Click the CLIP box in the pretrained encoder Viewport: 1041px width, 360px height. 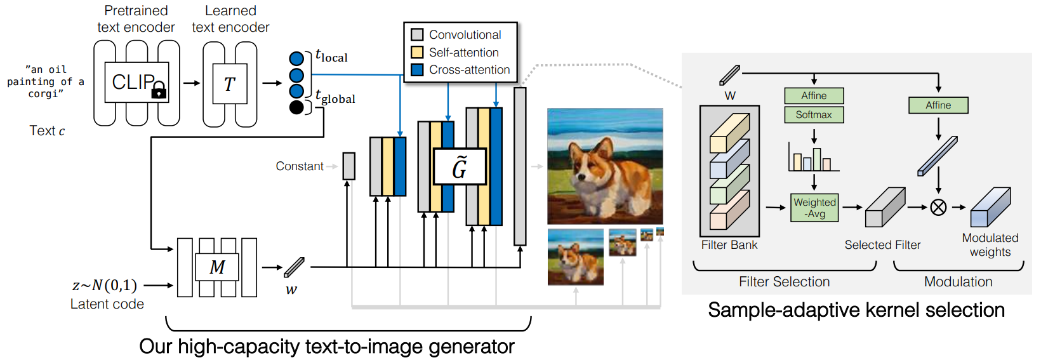pos(136,83)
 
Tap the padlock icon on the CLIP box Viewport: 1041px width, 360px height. pos(159,90)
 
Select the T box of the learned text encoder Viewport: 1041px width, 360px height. pos(230,84)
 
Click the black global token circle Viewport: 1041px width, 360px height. pos(296,107)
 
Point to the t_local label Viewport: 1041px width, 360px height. pos(331,56)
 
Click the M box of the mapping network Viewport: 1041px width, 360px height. pos(217,267)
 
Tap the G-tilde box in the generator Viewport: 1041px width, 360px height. pos(460,166)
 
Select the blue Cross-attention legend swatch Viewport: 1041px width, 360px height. pos(417,70)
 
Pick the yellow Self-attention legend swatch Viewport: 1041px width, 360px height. pos(417,52)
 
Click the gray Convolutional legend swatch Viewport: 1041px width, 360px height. pos(417,34)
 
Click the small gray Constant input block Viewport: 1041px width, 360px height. pos(349,166)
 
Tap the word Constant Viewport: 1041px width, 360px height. pos(300,166)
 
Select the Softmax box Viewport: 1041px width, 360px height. pos(814,115)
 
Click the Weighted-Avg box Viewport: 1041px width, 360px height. pos(814,208)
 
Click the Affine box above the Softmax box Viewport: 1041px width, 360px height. pos(814,96)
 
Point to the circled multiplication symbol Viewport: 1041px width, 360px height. pos(938,208)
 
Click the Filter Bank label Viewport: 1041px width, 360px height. pos(729,245)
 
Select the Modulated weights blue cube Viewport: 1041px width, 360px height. pos(990,207)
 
